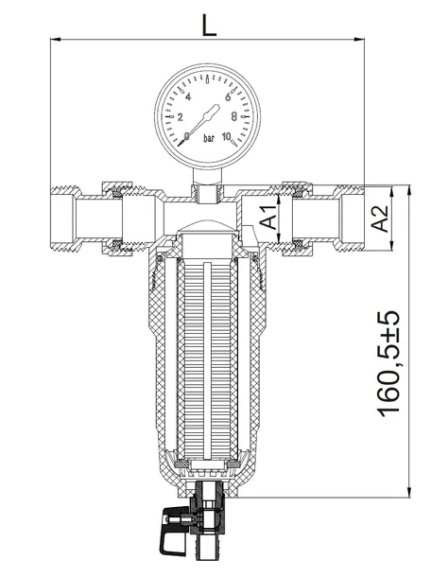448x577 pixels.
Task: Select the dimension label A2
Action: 380,219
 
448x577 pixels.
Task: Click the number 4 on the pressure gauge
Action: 188,97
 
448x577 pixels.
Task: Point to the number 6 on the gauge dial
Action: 227,97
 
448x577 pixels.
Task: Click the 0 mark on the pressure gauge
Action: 187,136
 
